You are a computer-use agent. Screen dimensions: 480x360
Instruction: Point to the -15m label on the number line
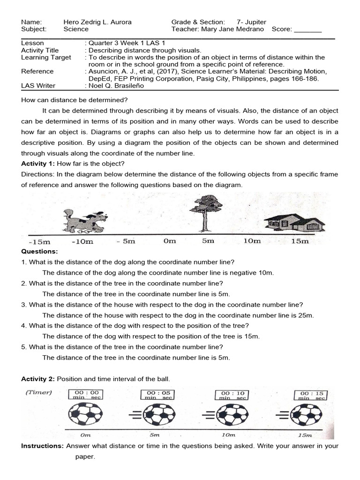tap(39, 242)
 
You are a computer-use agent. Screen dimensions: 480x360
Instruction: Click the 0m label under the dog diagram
tap(169, 241)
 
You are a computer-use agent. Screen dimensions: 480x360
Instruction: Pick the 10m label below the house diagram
tap(252, 241)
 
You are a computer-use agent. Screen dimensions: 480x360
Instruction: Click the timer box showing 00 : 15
tap(309, 395)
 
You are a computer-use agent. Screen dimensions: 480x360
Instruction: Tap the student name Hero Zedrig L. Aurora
tap(97, 22)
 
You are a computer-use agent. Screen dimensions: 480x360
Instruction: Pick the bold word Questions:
tap(39, 252)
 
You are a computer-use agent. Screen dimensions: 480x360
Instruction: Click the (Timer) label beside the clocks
tap(39, 392)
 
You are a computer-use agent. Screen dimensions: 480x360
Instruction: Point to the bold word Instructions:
tap(42, 446)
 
